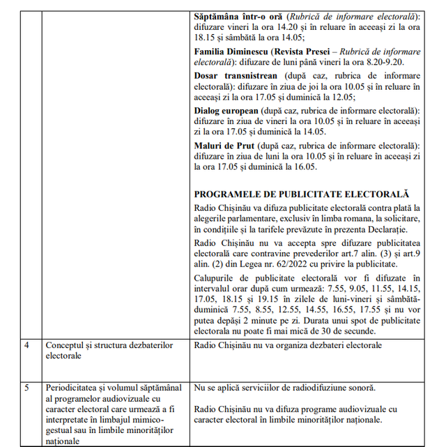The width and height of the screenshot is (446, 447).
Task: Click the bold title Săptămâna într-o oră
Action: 239,16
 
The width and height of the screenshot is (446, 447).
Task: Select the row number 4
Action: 28,345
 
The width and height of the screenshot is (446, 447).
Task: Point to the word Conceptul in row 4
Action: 66,345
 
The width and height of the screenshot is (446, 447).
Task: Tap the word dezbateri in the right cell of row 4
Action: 331,345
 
